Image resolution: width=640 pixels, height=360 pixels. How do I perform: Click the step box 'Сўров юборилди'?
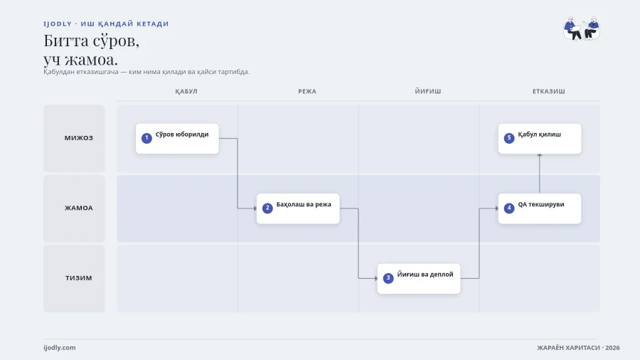pos(177,139)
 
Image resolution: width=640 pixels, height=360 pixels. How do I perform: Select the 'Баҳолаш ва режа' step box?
pos(298,208)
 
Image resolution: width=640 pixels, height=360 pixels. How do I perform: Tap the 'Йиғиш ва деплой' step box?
pos(419,279)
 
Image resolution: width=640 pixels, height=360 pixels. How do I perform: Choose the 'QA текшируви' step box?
pos(540,208)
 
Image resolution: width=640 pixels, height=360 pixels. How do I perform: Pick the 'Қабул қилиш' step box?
pos(540,139)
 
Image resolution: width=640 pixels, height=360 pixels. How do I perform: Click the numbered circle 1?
pos(146,138)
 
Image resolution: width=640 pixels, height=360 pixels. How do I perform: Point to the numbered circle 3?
pos(388,278)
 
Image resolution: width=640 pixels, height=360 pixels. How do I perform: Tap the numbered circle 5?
pos(509,138)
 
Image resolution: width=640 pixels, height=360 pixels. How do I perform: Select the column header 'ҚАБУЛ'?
pos(186,92)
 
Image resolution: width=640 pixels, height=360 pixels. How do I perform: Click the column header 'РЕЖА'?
pos(307,92)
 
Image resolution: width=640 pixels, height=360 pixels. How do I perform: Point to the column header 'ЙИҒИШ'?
pos(428,92)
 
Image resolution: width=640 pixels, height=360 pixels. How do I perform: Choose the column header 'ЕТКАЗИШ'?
pos(548,92)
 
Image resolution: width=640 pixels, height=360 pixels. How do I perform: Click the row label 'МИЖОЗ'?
pos(79,138)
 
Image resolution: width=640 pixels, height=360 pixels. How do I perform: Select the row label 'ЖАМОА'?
pos(79,208)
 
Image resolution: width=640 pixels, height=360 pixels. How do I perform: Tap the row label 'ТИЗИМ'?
pos(79,278)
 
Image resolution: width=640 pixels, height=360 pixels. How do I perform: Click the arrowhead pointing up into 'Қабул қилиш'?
pos(540,156)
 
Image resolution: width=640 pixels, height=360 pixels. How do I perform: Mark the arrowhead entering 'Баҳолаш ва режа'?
pos(255,208)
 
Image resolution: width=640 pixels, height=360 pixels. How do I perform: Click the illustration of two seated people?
pos(582,28)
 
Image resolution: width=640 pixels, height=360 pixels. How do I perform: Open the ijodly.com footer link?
pos(60,348)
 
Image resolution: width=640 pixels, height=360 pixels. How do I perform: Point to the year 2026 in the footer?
pos(612,348)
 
